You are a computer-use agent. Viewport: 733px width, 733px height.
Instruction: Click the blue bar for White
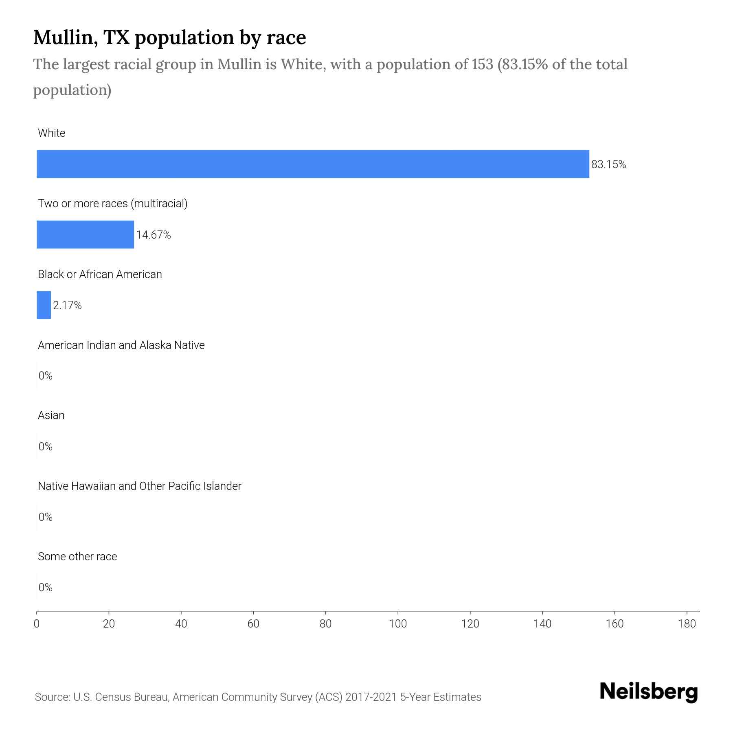coord(313,164)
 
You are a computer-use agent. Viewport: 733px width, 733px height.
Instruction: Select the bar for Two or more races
coord(85,235)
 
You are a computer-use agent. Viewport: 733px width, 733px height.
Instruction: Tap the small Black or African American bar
coord(44,305)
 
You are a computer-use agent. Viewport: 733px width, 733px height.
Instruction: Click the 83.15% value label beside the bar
coord(608,165)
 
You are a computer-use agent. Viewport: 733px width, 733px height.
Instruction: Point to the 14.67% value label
coord(153,235)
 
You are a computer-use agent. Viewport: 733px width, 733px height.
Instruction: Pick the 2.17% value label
coord(67,305)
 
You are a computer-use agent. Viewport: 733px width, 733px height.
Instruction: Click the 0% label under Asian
coord(45,447)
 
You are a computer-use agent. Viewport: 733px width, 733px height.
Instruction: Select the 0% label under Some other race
coord(45,587)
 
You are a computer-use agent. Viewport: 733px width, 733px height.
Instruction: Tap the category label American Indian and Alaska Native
coord(121,345)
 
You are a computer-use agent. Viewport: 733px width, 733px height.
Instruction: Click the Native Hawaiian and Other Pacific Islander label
coord(139,486)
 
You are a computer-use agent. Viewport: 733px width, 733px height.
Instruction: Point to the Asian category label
coord(51,415)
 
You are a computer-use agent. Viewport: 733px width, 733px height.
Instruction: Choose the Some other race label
coord(77,556)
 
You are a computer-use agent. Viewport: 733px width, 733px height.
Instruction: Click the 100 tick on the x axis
coord(398,624)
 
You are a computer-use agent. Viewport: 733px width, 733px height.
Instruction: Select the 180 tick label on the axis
coord(687,624)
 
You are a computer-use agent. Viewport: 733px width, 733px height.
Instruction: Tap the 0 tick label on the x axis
coord(37,624)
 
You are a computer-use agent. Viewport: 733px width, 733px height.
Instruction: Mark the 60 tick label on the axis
coord(253,624)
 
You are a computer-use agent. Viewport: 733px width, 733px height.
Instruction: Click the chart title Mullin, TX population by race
coord(169,37)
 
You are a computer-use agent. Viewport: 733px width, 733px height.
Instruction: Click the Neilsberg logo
coord(649,692)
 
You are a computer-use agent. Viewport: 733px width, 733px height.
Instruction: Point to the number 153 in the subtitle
coord(483,64)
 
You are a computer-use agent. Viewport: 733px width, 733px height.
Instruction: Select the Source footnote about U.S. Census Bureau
coord(258,697)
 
